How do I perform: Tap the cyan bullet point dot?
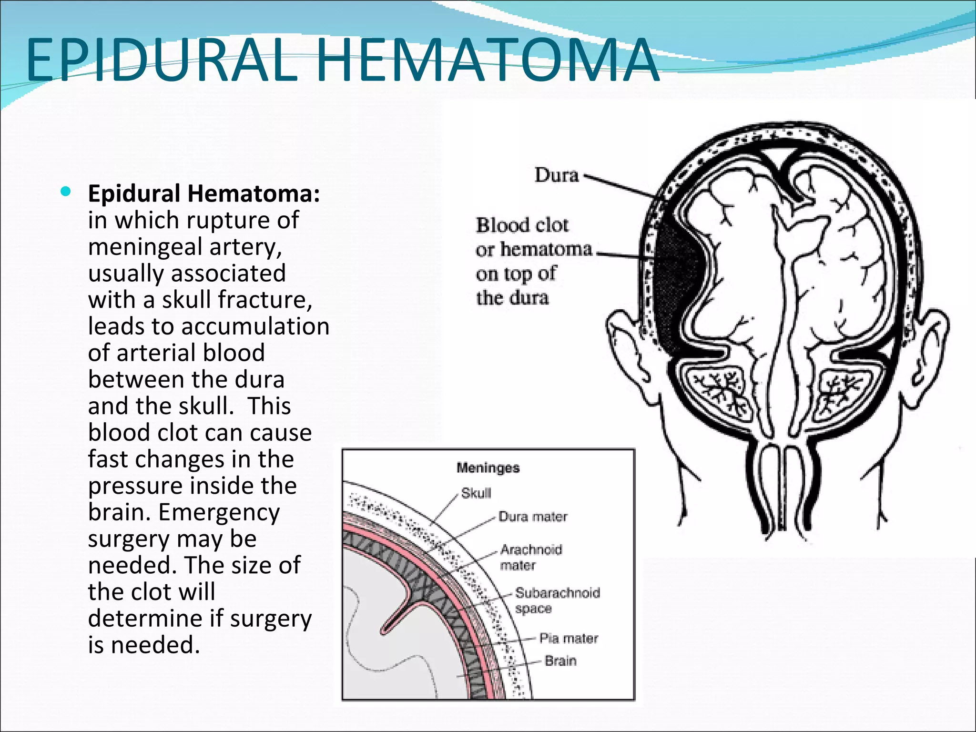66,192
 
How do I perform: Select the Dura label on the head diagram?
556,175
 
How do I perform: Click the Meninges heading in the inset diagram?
488,468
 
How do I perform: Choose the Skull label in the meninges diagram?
476,493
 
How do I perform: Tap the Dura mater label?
533,517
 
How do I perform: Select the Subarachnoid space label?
557,600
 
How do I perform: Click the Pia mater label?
568,638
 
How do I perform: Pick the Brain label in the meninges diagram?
560,661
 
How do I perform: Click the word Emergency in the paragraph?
219,513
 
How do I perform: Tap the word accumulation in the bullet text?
255,326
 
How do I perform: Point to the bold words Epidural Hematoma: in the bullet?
204,193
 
